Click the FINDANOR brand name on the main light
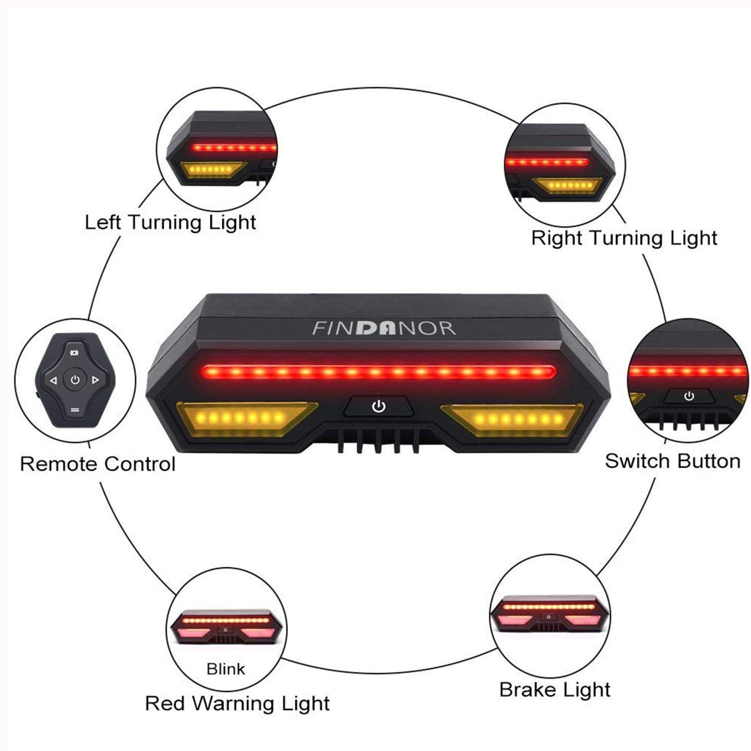384,328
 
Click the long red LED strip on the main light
379,372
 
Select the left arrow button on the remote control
54,381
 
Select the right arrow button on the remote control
96,381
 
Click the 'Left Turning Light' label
170,222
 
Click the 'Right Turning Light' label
624,238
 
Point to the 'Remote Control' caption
98,464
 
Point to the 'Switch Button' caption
672,461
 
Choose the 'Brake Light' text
555,690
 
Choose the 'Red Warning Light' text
237,703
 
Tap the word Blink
226,669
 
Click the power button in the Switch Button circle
689,397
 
